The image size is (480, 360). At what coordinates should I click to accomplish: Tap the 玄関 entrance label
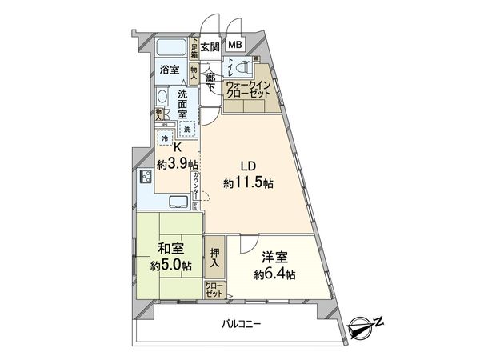pyautogui.click(x=210, y=46)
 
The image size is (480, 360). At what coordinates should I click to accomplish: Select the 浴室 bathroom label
pyautogui.click(x=169, y=70)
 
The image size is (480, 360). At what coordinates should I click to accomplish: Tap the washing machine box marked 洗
pyautogui.click(x=186, y=130)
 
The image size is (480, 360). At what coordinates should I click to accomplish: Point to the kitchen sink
pyautogui.click(x=180, y=204)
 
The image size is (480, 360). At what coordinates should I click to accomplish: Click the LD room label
pyautogui.click(x=249, y=166)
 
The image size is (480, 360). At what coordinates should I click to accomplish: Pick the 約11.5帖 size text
pyautogui.click(x=249, y=182)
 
